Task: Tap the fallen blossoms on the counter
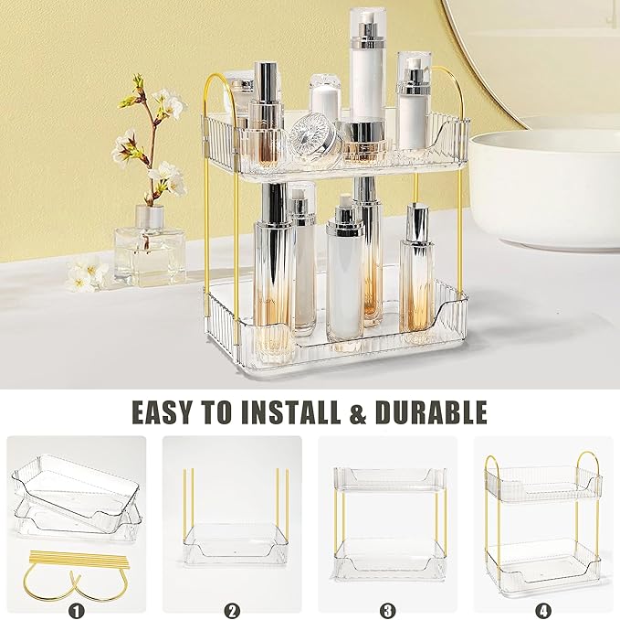[x=87, y=273]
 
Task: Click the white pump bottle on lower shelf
[x=344, y=274]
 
